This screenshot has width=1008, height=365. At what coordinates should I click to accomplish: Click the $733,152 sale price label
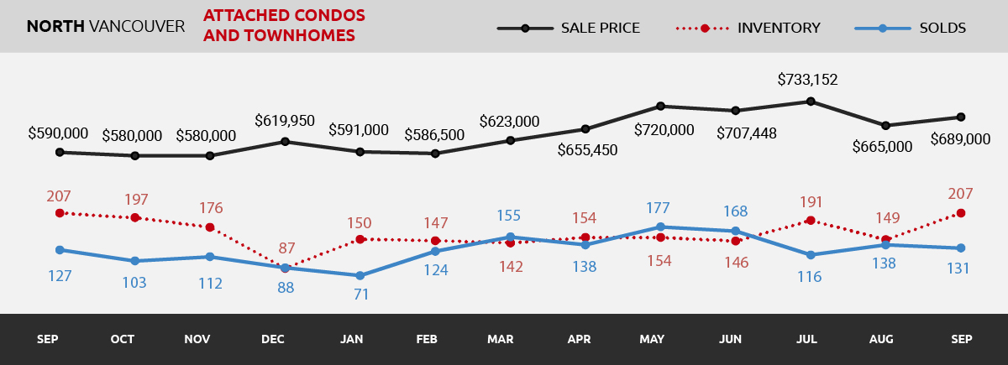pyautogui.click(x=807, y=81)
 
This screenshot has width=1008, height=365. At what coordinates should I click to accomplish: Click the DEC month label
pyautogui.click(x=273, y=339)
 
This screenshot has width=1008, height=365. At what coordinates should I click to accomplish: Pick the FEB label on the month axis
pyautogui.click(x=427, y=339)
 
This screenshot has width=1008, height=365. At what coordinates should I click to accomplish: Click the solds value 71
pyautogui.click(x=362, y=295)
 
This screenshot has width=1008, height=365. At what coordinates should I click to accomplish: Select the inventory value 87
pyautogui.click(x=287, y=248)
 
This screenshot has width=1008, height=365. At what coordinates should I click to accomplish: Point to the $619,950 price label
pyautogui.click(x=284, y=121)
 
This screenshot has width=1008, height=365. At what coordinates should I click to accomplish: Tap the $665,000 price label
pyautogui.click(x=882, y=146)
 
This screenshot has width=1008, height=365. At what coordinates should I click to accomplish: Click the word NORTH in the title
pyautogui.click(x=55, y=26)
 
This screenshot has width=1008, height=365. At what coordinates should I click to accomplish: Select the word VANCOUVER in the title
pyautogui.click(x=136, y=26)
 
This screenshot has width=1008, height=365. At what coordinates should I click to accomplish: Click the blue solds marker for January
pyautogui.click(x=360, y=275)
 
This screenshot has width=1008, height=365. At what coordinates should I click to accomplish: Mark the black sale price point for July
pyautogui.click(x=810, y=102)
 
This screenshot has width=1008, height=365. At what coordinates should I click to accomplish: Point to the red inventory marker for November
pyautogui.click(x=209, y=227)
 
